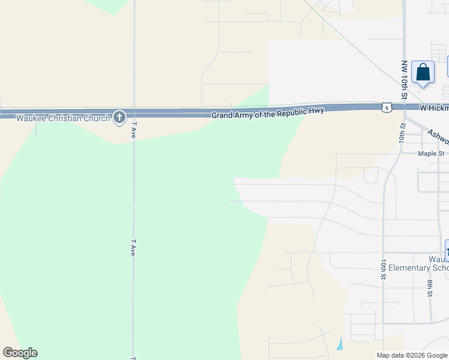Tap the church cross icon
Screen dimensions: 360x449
119,117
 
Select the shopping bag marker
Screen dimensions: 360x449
423,73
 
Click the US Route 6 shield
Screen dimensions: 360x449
387,107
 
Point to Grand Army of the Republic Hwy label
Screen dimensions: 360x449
268,113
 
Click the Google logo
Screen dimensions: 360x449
20,353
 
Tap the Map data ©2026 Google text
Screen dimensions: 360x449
411,355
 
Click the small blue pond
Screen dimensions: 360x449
340,344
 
